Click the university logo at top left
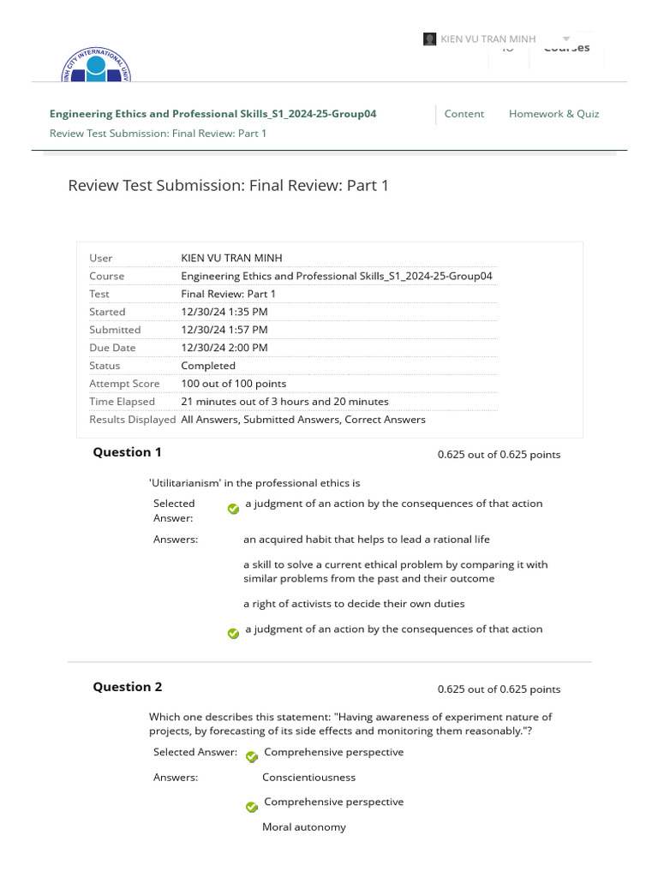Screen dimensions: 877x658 96,67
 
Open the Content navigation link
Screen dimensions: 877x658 464,114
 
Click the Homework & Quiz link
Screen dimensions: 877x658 553,114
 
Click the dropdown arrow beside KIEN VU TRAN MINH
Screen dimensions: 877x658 565,39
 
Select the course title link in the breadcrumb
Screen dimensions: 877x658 212,114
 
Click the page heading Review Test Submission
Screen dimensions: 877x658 228,185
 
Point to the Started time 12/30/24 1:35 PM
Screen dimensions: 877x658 224,312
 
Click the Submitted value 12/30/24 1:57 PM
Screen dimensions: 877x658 224,330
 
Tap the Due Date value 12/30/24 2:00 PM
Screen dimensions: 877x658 224,348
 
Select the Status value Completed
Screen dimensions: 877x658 207,366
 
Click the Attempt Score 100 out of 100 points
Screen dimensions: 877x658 233,384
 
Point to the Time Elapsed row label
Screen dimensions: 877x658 123,402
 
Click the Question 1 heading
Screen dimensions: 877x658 127,452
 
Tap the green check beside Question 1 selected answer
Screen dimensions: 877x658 233,508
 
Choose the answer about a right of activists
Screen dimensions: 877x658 354,604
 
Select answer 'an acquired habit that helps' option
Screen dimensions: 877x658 366,540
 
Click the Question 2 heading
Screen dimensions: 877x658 127,687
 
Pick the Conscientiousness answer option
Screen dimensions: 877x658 308,778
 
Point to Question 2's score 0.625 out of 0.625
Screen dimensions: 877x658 499,689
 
